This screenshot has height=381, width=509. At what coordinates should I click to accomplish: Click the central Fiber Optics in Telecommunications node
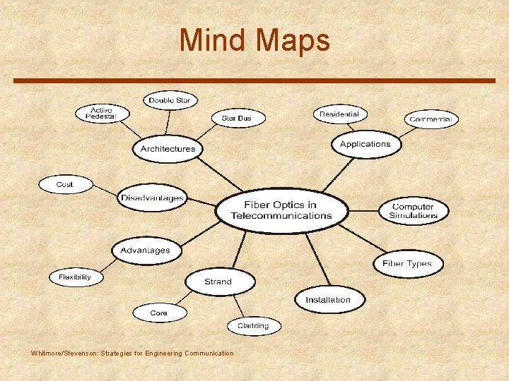point(281,210)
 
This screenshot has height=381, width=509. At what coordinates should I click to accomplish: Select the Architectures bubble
point(168,149)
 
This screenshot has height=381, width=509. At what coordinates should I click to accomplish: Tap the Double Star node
point(170,100)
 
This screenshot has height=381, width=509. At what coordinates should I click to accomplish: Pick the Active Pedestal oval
point(103,113)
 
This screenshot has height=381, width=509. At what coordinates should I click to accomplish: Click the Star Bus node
point(236,118)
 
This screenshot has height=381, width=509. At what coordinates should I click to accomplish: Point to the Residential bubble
point(339,114)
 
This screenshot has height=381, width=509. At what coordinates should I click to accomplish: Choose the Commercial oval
point(431,119)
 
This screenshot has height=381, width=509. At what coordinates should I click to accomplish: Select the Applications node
point(365,144)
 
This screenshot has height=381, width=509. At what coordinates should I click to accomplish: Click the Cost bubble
point(65,185)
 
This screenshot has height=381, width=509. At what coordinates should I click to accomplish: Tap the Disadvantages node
point(152,198)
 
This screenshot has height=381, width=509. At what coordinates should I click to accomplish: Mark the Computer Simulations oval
point(414,211)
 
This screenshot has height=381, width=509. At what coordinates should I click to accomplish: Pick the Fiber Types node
point(406,264)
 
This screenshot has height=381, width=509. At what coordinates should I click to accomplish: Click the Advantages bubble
point(145,250)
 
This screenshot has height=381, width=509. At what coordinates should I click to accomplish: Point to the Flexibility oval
point(75,277)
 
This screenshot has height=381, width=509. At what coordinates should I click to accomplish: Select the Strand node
point(218,282)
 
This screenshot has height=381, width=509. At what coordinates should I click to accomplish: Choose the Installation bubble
point(328,300)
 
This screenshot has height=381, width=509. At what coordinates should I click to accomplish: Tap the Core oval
point(159,313)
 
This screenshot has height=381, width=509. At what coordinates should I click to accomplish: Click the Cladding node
point(253,326)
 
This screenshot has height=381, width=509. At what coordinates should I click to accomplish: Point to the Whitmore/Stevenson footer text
point(132,353)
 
